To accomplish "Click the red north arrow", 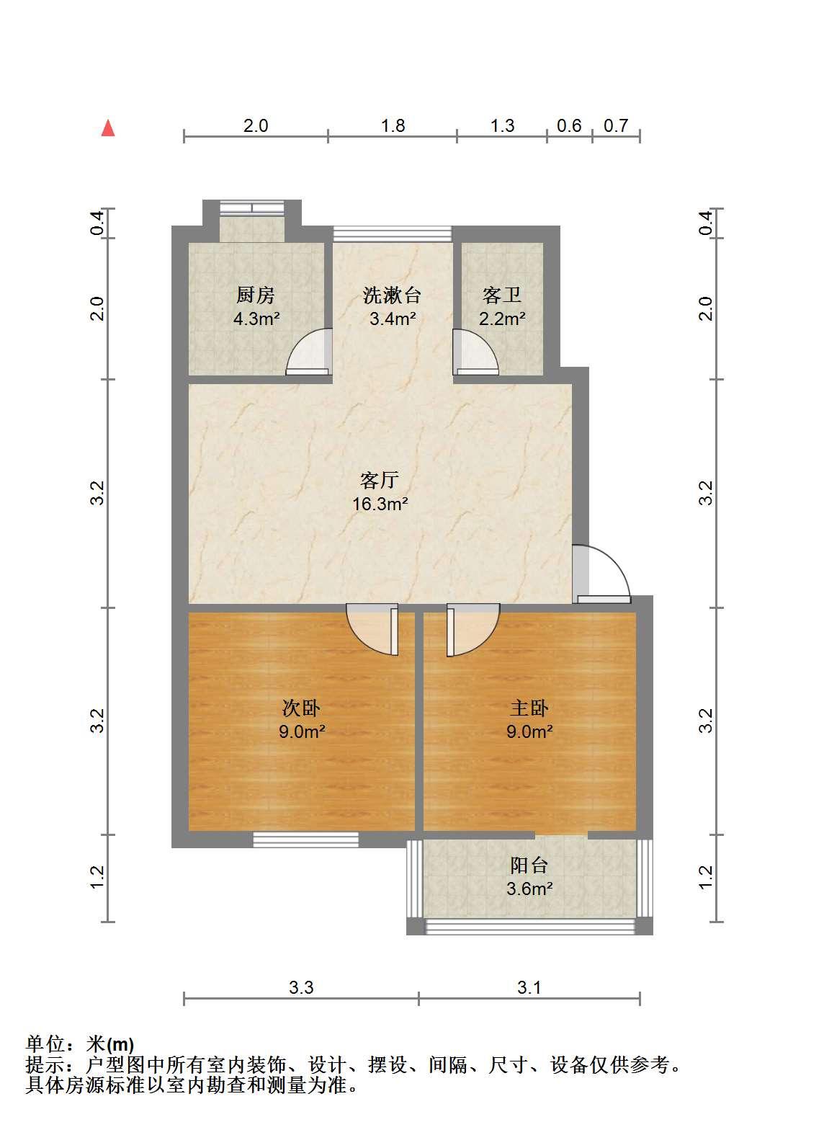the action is click(x=108, y=128).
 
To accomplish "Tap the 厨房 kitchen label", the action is click(x=256, y=295).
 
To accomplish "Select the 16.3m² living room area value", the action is click(x=380, y=504).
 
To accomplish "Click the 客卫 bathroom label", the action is click(x=502, y=295).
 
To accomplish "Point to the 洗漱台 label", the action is click(x=392, y=295).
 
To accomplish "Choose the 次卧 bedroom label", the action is click(x=301, y=708).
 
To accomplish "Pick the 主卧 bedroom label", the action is click(x=529, y=708).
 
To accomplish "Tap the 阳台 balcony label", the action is click(x=529, y=865).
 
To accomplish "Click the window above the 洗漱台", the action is click(x=392, y=233).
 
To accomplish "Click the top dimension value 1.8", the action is click(x=393, y=125).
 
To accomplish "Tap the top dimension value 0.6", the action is click(x=569, y=125).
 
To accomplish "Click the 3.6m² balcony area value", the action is click(x=529, y=889).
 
